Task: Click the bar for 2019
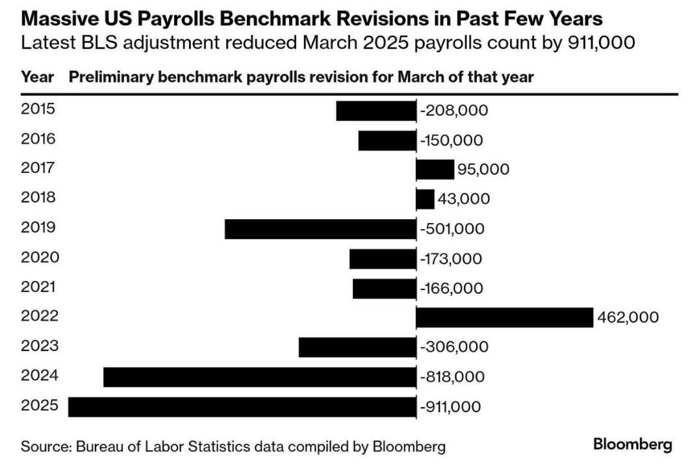(320, 229)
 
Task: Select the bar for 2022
(504, 318)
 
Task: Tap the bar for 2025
(242, 407)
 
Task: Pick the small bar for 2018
(425, 199)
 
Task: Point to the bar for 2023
(357, 347)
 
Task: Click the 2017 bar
(435, 169)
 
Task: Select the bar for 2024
(259, 377)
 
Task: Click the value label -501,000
(452, 230)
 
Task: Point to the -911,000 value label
(451, 408)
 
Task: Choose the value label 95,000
(483, 170)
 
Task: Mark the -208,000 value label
(454, 111)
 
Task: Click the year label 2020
(40, 258)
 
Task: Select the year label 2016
(38, 139)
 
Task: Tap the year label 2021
(38, 287)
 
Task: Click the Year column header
(37, 77)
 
